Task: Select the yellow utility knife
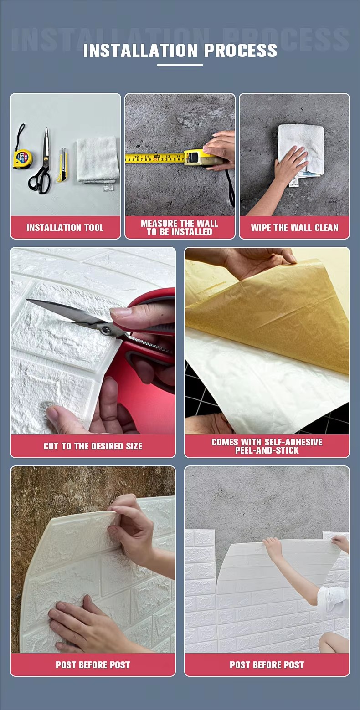(x=62, y=165)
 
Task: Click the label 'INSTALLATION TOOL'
(x=65, y=228)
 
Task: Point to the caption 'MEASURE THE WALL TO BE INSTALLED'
(x=180, y=228)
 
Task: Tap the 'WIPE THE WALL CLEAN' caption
(x=295, y=228)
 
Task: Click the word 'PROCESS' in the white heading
(x=241, y=51)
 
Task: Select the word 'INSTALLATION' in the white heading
(x=140, y=51)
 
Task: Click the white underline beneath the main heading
(x=180, y=65)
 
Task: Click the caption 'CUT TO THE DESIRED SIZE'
(x=93, y=446)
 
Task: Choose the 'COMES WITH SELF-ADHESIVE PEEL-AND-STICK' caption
(x=267, y=446)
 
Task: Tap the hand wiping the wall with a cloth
(x=290, y=165)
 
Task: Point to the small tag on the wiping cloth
(x=294, y=181)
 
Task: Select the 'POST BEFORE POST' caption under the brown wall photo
(x=93, y=665)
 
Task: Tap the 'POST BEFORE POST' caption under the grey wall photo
(x=267, y=665)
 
